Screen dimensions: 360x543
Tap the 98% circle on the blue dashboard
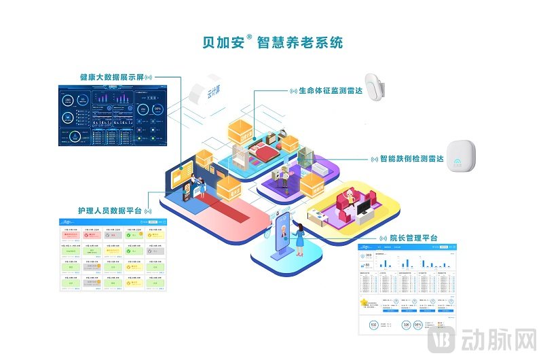coord(158,109)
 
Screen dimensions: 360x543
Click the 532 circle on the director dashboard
coord(374,325)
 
